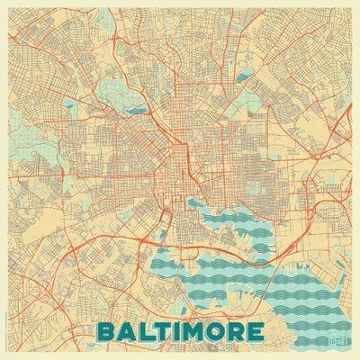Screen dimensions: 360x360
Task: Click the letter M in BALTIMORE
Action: point(192,331)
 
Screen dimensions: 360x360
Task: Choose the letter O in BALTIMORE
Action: point(214,331)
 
